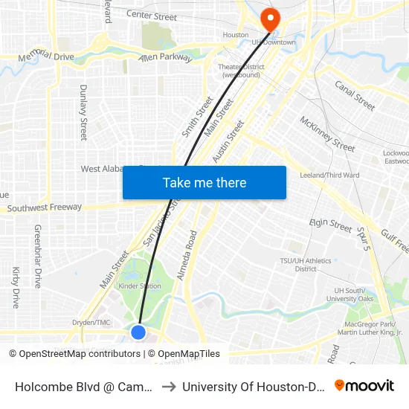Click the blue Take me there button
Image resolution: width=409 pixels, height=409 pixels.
click(x=204, y=183)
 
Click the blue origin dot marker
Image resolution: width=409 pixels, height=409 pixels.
click(x=138, y=332)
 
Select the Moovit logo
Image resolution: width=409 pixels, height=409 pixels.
click(x=364, y=386)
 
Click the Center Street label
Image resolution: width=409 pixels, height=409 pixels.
click(x=152, y=16)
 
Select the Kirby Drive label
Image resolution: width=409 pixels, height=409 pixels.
click(x=16, y=288)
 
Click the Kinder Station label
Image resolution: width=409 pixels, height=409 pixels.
click(x=140, y=286)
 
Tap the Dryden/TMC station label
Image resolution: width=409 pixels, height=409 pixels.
click(x=91, y=323)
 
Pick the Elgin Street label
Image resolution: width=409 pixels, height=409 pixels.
click(x=330, y=224)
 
